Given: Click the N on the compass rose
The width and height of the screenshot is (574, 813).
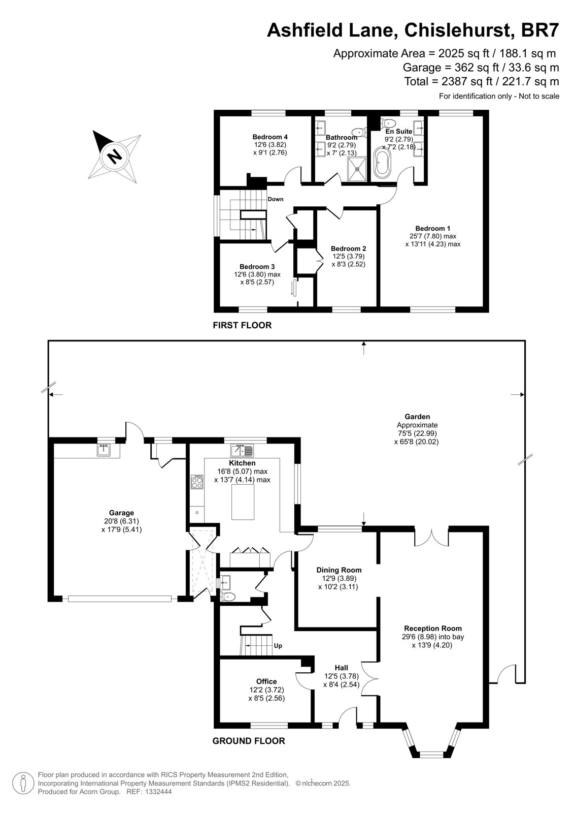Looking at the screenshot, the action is [115, 156].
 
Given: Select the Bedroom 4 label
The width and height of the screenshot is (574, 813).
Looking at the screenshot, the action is [270, 137].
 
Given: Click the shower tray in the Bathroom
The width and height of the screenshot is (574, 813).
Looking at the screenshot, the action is [358, 169].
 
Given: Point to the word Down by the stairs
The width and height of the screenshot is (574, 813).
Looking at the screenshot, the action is [276, 199].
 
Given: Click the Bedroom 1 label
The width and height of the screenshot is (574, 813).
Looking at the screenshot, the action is [432, 228].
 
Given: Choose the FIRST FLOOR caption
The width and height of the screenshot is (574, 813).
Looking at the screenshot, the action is [242, 325].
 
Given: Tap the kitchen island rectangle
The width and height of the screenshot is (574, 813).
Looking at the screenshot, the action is [243, 503].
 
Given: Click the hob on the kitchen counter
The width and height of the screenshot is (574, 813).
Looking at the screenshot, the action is [197, 482].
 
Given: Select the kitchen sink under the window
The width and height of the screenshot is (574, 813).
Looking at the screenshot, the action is [242, 450].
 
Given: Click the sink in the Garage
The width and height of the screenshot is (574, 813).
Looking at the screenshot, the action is [104, 450].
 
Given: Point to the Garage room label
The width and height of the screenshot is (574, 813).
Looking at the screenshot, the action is [121, 513].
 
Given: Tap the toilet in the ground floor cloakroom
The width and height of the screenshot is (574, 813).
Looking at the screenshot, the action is [228, 597].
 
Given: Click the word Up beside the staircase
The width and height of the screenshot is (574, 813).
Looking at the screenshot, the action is [278, 646].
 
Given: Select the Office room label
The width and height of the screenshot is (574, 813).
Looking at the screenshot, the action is [266, 681].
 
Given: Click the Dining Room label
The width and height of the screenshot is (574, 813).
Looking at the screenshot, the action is [339, 570].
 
